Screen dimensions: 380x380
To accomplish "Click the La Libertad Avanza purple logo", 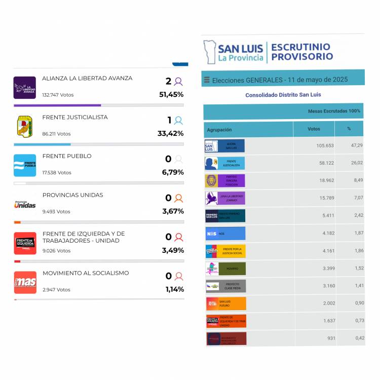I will click(24, 88).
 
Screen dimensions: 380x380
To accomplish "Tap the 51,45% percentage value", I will click(171, 95).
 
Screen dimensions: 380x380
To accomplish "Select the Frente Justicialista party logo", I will click(24, 126).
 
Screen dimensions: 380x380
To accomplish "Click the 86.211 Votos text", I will click(56, 134).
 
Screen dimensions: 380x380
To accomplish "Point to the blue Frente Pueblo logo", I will click(24, 165).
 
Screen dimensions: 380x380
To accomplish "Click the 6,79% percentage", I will click(172, 173).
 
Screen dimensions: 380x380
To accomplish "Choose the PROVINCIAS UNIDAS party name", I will click(72, 195).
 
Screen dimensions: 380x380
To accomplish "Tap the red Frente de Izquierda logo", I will click(24, 243).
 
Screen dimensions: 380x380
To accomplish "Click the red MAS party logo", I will click(24, 282).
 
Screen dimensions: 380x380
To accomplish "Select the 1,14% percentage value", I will click(174, 290).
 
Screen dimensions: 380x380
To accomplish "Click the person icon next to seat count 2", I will click(178, 81).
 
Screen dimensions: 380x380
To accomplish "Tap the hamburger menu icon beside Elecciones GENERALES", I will click(207, 80).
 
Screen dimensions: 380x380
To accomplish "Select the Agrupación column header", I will click(219, 130).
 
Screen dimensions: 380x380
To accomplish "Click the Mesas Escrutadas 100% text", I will click(334, 111).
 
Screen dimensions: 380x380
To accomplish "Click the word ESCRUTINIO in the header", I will click(300, 47).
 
